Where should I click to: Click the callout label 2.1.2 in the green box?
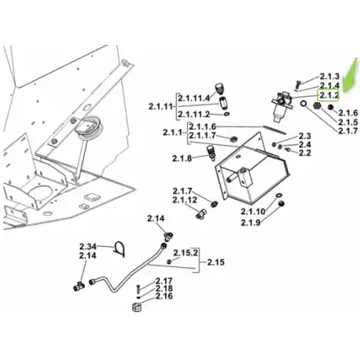click(329, 95)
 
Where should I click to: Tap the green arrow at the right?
click(351, 76)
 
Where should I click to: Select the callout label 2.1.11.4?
click(194, 98)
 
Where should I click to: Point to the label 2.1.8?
click(182, 158)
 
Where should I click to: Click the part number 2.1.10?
click(253, 211)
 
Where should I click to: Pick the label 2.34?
click(88, 247)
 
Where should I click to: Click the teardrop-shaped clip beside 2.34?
click(119, 248)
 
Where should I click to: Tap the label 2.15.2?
click(186, 253)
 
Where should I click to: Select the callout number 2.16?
click(164, 296)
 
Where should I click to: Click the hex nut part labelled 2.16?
click(137, 307)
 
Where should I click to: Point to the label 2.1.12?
click(185, 200)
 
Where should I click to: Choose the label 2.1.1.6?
click(203, 127)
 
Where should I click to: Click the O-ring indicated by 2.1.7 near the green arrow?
click(303, 104)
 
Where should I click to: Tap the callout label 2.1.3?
click(329, 76)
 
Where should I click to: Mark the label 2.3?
click(305, 136)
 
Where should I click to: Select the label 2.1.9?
click(251, 222)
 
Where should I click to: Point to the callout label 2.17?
click(164, 281)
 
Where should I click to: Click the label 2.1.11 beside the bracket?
click(160, 107)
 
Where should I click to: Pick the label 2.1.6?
click(347, 113)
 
